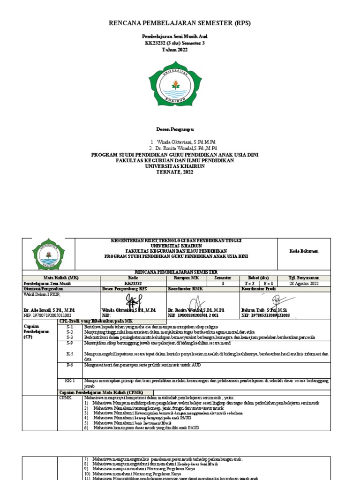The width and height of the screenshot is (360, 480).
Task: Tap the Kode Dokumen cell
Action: click(303, 251)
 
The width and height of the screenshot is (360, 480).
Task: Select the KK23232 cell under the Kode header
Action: click(134, 284)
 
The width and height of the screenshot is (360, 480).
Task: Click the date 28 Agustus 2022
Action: click(304, 284)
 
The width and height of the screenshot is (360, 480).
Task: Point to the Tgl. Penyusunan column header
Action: click(304, 278)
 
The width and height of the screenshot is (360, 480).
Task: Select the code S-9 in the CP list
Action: click(70, 343)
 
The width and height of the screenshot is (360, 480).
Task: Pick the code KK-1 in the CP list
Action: click(70, 381)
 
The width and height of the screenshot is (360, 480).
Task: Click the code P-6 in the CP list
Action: click(70, 364)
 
